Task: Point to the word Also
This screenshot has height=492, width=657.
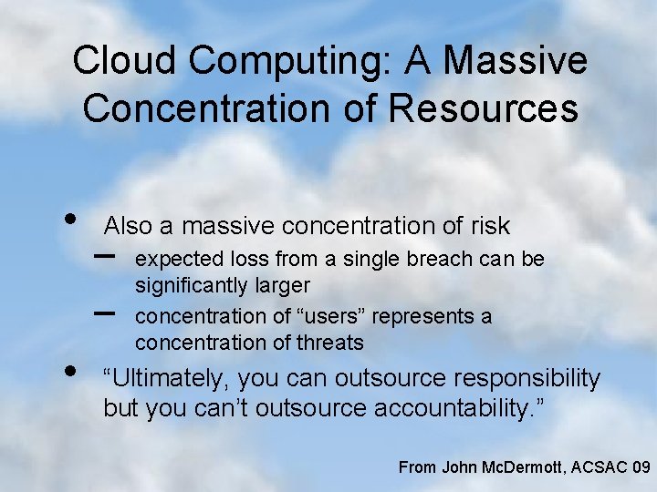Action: click(129, 225)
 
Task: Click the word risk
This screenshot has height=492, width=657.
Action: click(487, 225)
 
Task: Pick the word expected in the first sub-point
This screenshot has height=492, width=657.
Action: click(173, 260)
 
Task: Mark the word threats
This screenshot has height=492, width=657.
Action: click(329, 343)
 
